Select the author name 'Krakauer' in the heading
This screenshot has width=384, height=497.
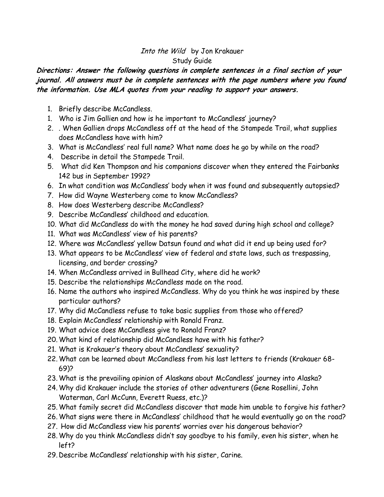pos(229,51)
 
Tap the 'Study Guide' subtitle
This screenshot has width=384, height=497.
pos(192,61)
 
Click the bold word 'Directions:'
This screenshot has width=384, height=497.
pos(55,70)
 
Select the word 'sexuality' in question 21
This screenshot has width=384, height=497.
pos(222,349)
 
